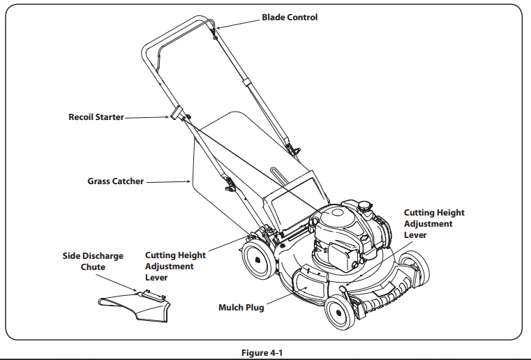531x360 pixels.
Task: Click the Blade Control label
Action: tap(289, 17)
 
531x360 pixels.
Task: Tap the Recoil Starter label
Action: tap(96, 117)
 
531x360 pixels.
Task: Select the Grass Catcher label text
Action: tap(115, 181)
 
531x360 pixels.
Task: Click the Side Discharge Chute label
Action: tap(93, 262)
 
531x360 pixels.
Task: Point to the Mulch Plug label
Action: tap(241, 307)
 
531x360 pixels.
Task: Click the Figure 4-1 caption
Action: tap(265, 352)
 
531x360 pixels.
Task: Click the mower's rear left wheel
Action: tap(257, 260)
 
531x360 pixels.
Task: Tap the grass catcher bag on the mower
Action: tap(230, 167)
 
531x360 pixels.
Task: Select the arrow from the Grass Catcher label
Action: tap(167, 182)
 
